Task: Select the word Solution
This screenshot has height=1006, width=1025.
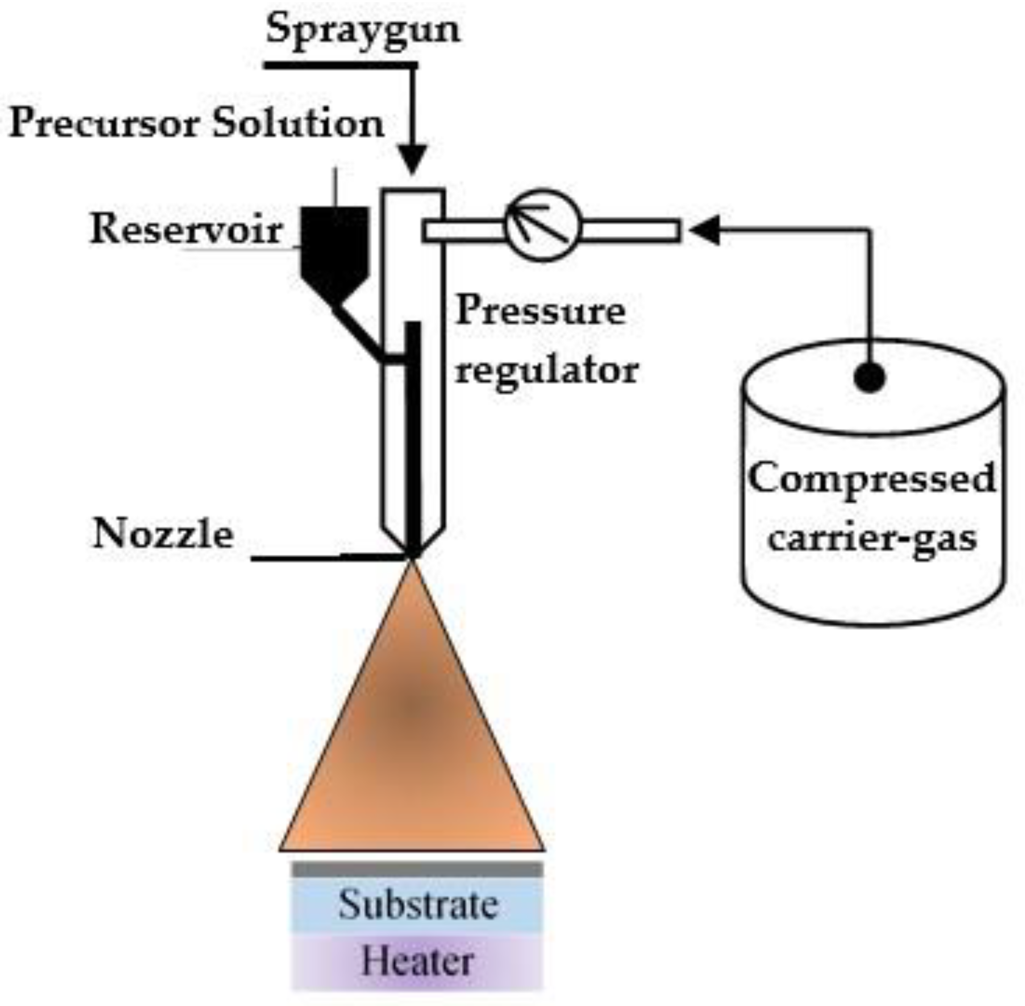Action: pyautogui.click(x=298, y=124)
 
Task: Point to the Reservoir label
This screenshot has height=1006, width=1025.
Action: pyautogui.click(x=186, y=231)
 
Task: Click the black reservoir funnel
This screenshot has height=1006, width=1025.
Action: pyautogui.click(x=335, y=248)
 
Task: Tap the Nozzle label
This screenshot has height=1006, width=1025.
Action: pyautogui.click(x=162, y=534)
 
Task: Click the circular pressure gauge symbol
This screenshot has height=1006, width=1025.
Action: pyautogui.click(x=543, y=226)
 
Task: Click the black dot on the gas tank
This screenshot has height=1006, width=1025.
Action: pyautogui.click(x=869, y=377)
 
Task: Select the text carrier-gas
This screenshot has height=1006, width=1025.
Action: pyautogui.click(x=871, y=539)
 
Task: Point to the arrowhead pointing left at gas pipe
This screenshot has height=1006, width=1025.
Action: pyautogui.click(x=705, y=231)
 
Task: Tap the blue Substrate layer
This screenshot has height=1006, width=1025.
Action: pyautogui.click(x=417, y=905)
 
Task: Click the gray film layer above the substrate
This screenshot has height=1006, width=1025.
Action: pyautogui.click(x=417, y=870)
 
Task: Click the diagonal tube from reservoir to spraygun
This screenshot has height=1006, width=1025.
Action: pyautogui.click(x=359, y=333)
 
